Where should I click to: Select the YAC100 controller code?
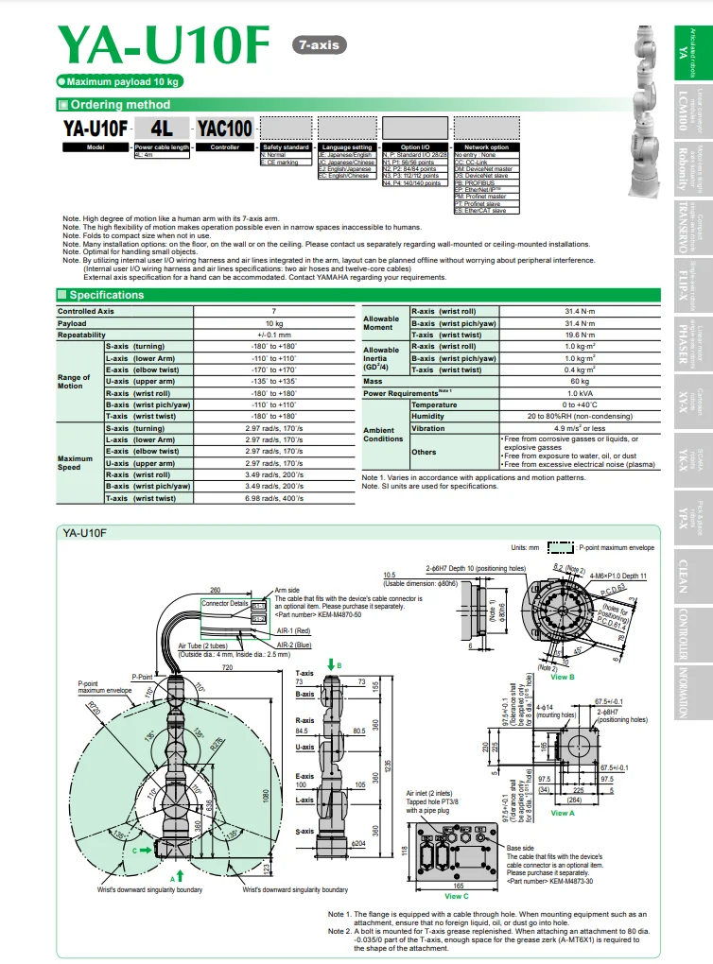(x=224, y=128)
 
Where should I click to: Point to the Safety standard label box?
(x=286, y=147)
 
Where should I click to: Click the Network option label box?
(x=486, y=147)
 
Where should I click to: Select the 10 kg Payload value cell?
(x=274, y=323)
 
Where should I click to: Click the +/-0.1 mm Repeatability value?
(x=274, y=335)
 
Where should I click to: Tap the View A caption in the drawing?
(x=562, y=813)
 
